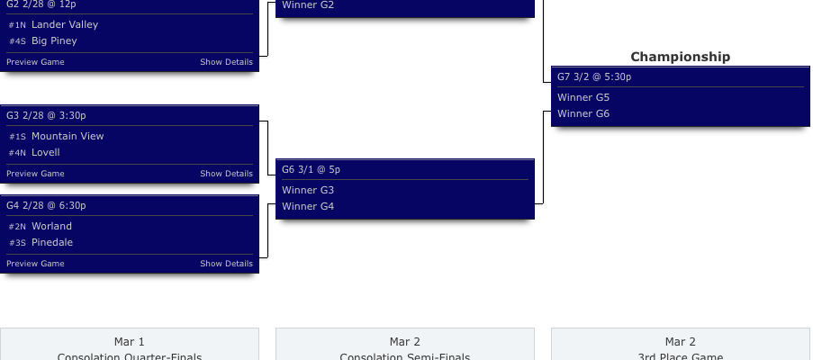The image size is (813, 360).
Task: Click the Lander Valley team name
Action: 65,25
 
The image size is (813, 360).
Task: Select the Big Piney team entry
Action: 54,41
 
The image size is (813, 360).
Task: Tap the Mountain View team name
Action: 68,137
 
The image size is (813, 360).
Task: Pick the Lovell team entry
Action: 46,153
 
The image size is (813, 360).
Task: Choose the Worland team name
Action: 51,227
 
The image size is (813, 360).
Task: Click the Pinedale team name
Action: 52,243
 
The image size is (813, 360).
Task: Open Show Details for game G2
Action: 226,62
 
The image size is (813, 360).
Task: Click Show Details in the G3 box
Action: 226,174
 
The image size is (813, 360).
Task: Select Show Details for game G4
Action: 226,264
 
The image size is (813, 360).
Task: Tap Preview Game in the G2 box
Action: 35,62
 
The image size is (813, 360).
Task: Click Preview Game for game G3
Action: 35,174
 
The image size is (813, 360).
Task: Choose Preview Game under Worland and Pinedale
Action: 35,264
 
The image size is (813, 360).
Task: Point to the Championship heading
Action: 680,57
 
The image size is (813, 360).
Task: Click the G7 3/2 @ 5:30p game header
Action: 593,77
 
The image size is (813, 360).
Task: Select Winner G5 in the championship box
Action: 583,98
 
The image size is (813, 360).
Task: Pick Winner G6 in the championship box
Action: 583,114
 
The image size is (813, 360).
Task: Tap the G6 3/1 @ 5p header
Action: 311,170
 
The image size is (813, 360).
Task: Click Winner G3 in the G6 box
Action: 308,191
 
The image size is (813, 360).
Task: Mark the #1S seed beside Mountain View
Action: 18,137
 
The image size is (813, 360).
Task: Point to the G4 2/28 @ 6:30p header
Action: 46,206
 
